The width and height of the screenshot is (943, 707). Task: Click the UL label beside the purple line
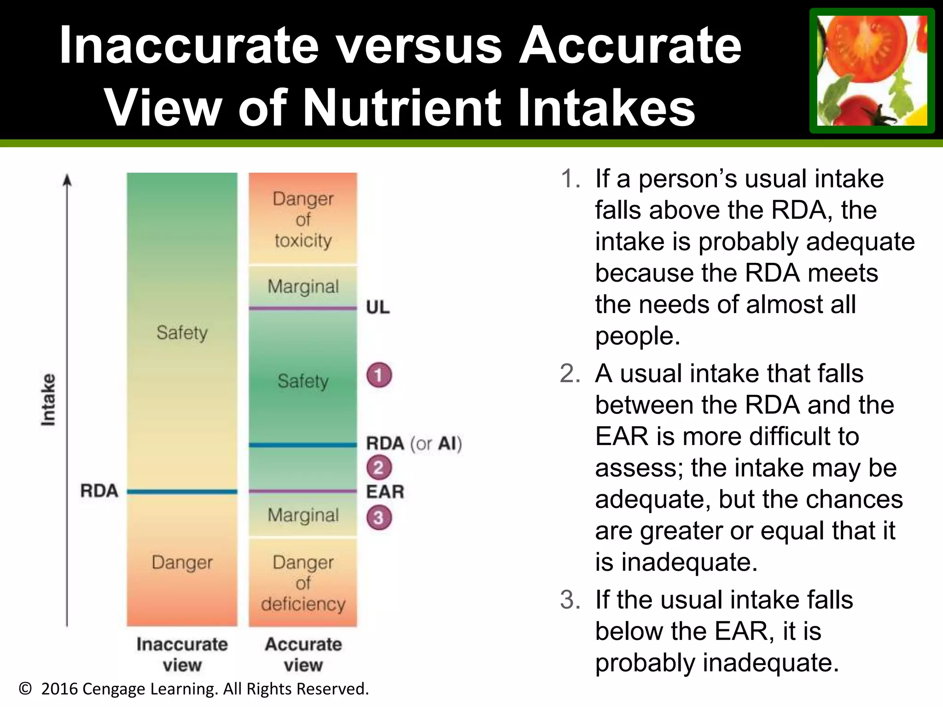coord(378,307)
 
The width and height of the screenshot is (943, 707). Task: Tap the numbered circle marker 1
coord(379,375)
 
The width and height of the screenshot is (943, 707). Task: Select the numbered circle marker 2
coord(379,468)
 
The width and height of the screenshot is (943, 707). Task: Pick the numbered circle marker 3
coord(379,517)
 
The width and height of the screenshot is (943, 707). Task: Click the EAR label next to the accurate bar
coord(385,492)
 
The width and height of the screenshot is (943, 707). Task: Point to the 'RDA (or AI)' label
coord(413,444)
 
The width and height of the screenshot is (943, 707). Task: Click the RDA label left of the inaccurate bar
coord(99,491)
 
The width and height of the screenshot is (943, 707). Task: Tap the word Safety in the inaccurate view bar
coord(182,332)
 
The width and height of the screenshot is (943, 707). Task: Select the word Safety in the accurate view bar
coord(303,381)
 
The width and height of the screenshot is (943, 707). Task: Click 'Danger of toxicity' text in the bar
coord(303,220)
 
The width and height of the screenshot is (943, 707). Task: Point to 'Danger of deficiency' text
coord(303,583)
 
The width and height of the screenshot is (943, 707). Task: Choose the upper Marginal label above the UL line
coord(303,286)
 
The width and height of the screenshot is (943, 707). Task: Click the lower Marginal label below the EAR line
coord(303,515)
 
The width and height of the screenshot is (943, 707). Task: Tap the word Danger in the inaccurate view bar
coord(182,562)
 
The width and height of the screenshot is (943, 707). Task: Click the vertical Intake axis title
coord(48,400)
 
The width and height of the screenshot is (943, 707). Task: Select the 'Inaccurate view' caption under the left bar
coord(182,654)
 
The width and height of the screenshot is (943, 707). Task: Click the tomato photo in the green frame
coord(872,70)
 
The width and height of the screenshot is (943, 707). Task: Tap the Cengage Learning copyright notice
coord(193,689)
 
